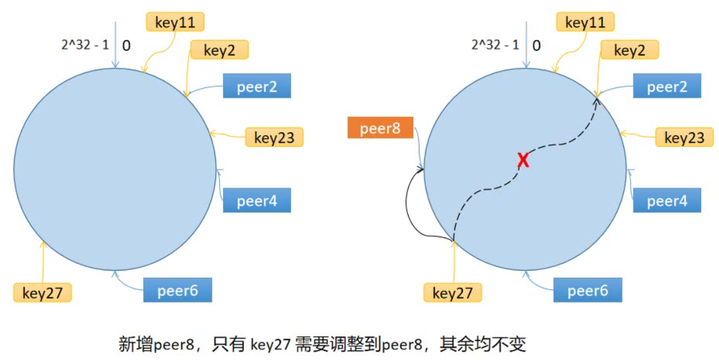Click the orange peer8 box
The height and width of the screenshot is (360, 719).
click(380, 128)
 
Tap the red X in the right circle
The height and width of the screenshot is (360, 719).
click(524, 161)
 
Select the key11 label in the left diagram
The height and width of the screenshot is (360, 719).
click(175, 22)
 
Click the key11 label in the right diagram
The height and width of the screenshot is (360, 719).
click(585, 22)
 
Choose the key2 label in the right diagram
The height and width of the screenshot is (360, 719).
click(630, 51)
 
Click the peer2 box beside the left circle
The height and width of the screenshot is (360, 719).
click(257, 87)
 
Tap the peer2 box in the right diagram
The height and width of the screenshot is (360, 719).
click(667, 87)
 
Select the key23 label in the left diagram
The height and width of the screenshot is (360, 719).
click(274, 137)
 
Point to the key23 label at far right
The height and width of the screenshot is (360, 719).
click(685, 137)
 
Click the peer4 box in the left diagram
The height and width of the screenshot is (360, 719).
click(257, 201)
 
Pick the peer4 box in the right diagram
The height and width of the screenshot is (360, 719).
click(667, 201)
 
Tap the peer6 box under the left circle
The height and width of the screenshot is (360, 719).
click(177, 291)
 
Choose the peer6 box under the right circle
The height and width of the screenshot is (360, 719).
click(587, 291)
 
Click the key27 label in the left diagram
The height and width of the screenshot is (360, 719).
click(42, 293)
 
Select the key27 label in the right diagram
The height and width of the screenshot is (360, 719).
click(452, 293)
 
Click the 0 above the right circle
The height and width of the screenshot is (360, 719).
click(536, 45)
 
